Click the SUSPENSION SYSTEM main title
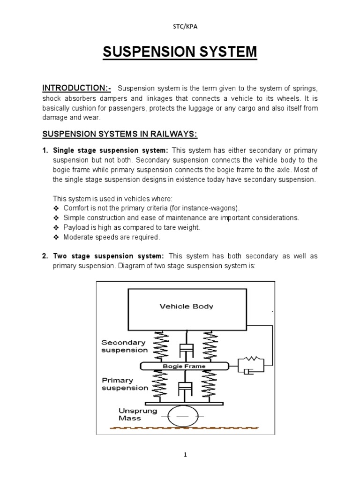click(x=180, y=52)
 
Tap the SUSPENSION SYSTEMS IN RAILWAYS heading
click(x=120, y=135)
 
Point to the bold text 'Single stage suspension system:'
click(x=111, y=150)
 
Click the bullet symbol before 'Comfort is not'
click(x=56, y=209)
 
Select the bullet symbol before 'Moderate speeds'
click(x=56, y=237)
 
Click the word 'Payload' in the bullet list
click(x=75, y=227)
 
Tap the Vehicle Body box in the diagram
click(x=187, y=307)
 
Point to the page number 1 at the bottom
click(x=180, y=454)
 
